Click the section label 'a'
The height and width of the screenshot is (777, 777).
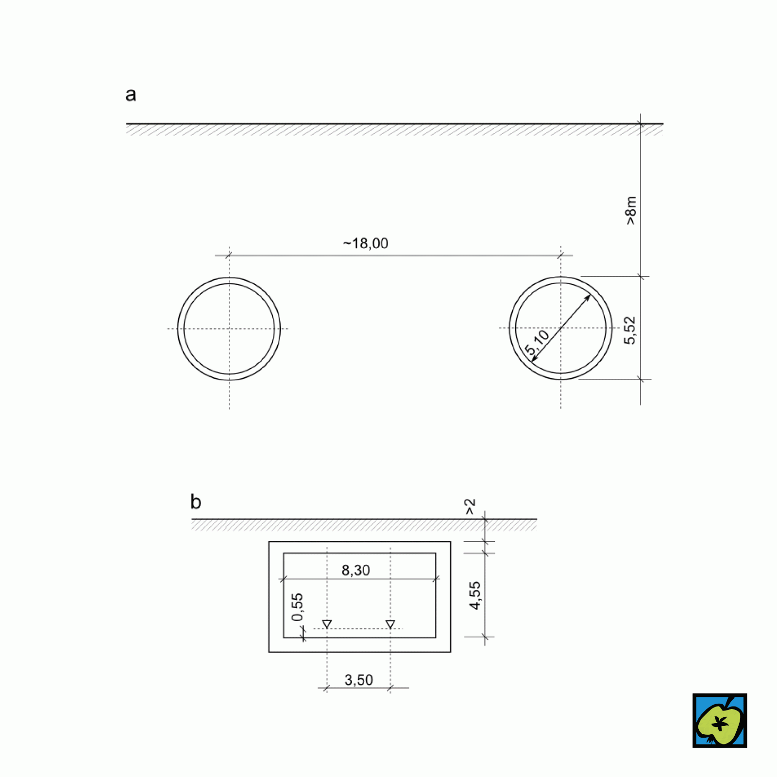131,95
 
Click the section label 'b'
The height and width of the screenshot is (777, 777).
196,502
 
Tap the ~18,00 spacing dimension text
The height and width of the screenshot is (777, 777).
366,243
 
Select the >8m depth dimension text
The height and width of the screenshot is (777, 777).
630,210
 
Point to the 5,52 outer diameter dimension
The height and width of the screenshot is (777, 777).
630,330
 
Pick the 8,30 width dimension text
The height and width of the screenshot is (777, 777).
356,570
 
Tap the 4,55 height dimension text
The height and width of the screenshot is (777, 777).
474,595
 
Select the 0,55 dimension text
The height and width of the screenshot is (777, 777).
297,607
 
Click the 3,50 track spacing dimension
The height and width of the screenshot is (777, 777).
359,680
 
